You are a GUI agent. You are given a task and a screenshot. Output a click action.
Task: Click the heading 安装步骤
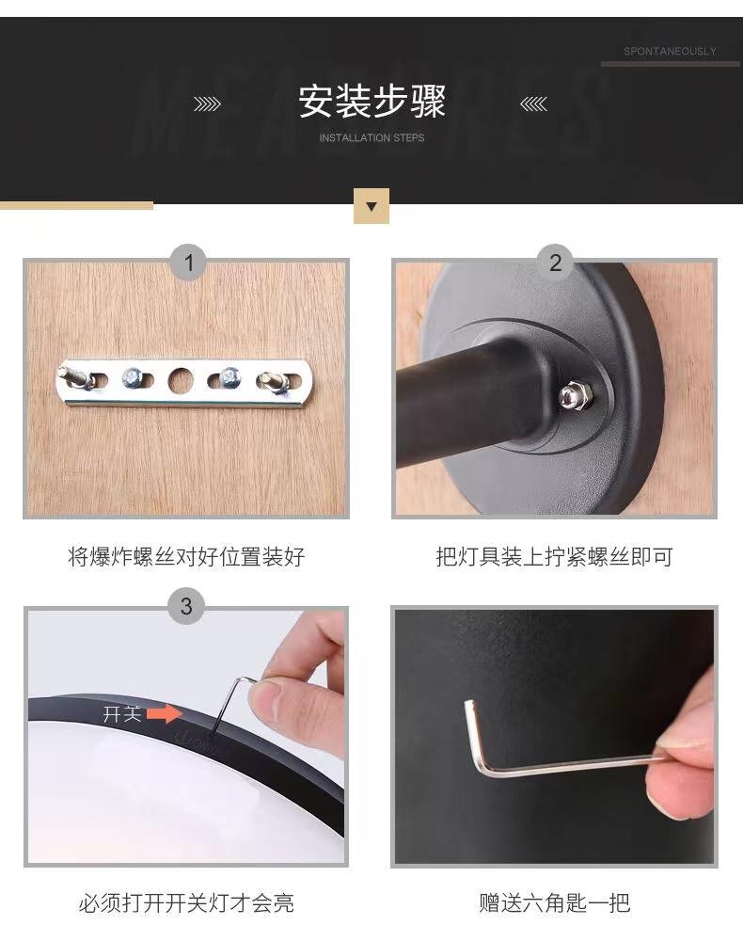pos(371,101)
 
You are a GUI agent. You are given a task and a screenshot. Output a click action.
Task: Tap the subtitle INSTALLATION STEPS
pos(371,138)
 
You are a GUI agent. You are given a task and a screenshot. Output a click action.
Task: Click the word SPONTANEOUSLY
pos(670,52)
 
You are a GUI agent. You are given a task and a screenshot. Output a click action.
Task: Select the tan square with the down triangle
pos(371,206)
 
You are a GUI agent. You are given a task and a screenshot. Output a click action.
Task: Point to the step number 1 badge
pos(188,263)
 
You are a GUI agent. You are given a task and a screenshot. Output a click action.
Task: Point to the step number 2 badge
pos(555,263)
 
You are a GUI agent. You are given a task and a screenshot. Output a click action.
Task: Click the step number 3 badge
pos(186,606)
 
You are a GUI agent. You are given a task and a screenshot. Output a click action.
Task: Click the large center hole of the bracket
pos(182,380)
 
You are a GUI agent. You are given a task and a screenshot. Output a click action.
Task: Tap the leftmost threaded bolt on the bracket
pos(75,378)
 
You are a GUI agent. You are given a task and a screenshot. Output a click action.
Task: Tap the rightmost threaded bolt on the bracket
pos(273,383)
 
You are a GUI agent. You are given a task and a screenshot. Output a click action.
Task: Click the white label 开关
pos(122,714)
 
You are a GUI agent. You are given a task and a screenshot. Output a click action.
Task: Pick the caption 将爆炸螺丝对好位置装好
pos(186,557)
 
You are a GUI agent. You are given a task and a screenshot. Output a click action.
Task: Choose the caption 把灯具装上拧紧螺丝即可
pos(554,557)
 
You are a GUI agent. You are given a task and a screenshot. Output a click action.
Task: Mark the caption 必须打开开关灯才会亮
pos(186,902)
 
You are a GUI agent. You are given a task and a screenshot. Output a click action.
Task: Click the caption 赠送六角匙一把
pos(554,902)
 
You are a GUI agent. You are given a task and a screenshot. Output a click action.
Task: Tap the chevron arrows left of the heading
pos(208,104)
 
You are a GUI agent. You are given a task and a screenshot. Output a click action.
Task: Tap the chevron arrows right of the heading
pos(533,104)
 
